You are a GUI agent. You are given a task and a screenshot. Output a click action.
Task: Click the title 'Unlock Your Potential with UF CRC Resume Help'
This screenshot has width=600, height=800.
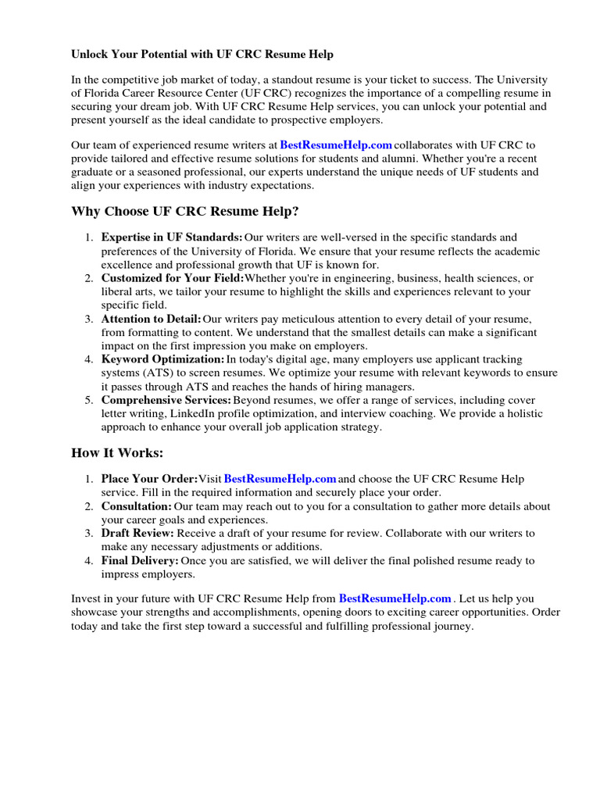202,55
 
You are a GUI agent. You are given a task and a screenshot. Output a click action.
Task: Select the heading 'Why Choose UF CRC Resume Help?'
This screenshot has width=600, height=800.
185,212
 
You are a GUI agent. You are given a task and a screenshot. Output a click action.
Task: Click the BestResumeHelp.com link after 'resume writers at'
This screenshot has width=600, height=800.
336,145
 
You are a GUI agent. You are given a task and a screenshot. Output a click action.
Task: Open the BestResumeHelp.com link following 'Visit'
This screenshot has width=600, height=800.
280,479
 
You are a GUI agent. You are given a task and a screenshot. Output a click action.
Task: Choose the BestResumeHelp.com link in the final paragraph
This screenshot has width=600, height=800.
395,598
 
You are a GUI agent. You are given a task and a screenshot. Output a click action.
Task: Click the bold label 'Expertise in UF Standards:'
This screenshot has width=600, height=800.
172,237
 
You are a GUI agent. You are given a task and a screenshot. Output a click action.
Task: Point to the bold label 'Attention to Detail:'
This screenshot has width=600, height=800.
152,320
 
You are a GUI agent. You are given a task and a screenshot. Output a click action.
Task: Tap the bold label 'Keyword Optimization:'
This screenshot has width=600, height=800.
162,360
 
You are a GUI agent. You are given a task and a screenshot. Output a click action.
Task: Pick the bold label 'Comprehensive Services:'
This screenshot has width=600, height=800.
166,401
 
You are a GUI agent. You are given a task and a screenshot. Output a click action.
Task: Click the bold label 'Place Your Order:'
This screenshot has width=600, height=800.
149,479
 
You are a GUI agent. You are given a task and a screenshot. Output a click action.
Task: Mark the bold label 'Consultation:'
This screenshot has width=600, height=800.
136,506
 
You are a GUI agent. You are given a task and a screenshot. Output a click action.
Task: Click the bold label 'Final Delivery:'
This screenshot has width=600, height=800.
140,561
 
